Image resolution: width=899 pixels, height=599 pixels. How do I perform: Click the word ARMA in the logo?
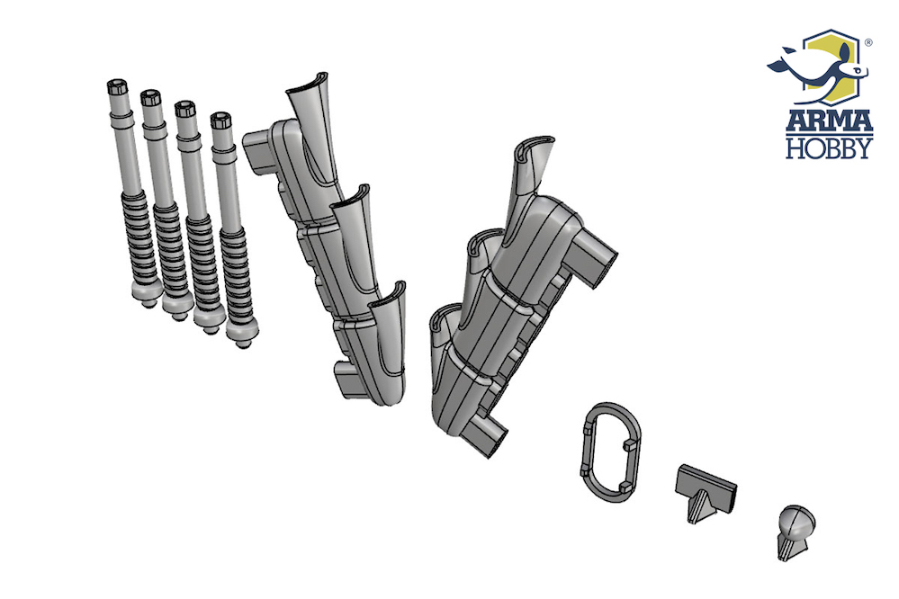coord(829,121)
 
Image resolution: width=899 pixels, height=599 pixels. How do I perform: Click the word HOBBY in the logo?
coord(829,147)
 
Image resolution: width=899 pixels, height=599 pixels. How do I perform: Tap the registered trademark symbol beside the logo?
coord(868,42)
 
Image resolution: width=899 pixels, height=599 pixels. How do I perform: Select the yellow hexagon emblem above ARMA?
coord(831,64)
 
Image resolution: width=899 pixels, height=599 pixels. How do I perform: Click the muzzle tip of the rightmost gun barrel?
coord(220,120)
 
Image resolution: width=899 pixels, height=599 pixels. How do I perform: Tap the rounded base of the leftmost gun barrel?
coord(147,291)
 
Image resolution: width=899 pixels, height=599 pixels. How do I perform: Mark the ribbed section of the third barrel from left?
coord(203,266)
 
